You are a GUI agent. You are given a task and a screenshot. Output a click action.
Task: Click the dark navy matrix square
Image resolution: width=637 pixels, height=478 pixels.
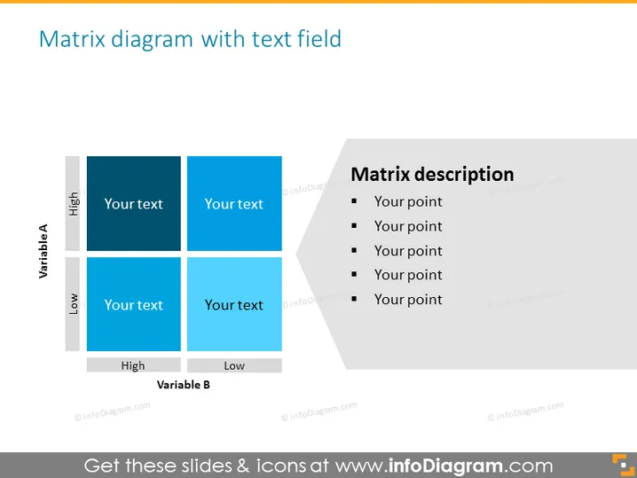134,203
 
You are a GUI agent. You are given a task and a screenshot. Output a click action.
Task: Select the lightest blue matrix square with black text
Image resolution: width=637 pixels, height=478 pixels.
234,304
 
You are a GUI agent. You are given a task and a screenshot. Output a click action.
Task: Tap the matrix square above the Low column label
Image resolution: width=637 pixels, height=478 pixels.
234,304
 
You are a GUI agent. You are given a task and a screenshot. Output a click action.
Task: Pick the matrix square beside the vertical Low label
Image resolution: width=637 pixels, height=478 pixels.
134,304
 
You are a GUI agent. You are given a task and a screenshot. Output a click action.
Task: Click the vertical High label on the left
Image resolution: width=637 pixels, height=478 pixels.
73,203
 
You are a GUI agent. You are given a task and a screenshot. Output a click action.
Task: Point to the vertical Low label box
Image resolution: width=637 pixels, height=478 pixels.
73,304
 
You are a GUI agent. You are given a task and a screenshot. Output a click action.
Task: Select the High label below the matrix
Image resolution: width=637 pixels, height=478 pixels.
134,365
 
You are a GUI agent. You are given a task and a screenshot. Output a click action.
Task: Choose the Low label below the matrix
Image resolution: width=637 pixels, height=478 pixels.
234,365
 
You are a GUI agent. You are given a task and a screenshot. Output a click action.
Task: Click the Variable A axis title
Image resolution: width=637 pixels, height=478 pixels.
43,251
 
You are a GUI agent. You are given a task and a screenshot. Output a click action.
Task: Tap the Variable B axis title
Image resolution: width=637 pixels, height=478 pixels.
184,385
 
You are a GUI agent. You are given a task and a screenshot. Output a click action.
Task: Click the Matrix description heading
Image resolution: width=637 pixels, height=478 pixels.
432,175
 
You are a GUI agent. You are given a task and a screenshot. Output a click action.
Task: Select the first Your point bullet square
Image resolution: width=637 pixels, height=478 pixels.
354,200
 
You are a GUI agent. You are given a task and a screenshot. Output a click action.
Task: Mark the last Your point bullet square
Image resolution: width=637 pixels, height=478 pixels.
354,299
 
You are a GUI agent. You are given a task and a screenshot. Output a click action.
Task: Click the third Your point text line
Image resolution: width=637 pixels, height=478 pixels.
408,251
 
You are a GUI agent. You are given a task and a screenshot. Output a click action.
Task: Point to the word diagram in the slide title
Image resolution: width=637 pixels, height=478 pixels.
152,39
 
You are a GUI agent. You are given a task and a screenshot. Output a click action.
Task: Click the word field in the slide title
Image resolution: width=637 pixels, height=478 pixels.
318,39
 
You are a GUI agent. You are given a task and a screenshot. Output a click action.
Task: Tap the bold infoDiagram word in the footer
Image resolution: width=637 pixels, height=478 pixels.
445,466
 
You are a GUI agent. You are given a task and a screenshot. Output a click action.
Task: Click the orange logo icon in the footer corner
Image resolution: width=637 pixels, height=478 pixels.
623,465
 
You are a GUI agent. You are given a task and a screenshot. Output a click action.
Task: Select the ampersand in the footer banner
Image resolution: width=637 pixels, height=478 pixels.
243,466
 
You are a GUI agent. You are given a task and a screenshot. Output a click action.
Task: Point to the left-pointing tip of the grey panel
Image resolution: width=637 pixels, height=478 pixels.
296,255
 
